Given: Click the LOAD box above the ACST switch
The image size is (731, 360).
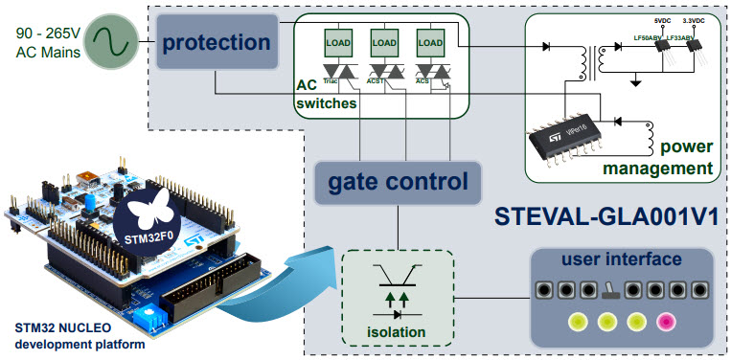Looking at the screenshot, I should pyautogui.click(x=383, y=42).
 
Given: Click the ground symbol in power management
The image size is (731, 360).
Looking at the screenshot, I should pyautogui.click(x=633, y=82).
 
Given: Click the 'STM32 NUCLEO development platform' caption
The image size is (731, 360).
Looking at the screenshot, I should pyautogui.click(x=72, y=335).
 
